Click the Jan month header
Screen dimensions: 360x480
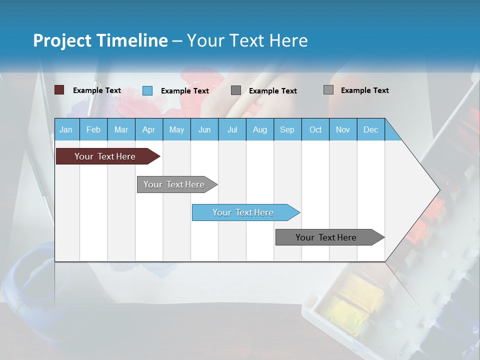point(66,129)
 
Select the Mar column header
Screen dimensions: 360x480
point(121,129)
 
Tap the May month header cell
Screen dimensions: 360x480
point(176,129)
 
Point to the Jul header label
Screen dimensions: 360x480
point(232,129)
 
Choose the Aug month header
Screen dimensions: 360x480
point(259,129)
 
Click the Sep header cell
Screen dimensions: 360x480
point(287,129)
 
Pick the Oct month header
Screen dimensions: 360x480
point(315,129)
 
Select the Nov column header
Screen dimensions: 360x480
point(343,129)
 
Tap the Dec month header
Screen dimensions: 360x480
point(370,129)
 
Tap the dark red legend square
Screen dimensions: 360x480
point(59,90)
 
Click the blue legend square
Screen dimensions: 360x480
point(147,90)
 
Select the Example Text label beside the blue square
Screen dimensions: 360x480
point(184,91)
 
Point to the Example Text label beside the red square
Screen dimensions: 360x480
point(96,90)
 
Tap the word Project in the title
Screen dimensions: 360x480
point(62,40)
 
